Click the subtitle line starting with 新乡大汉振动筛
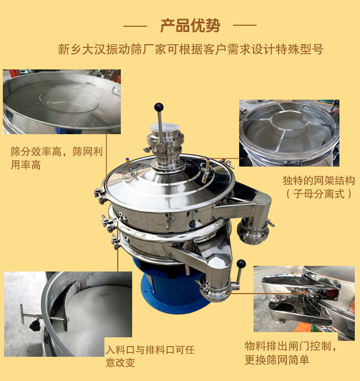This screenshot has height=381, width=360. pyautogui.click(x=190, y=50)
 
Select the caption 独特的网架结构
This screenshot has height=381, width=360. pyautogui.click(x=318, y=180)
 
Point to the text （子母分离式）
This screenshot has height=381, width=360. pyautogui.click(x=318, y=194)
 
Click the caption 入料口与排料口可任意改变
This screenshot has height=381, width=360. pyautogui.click(x=150, y=356)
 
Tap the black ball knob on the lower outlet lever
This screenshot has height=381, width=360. pyautogui.click(x=241, y=264)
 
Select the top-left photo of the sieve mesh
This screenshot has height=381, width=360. pyautogui.click(x=62, y=102)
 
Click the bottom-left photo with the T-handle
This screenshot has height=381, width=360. pyautogui.click(x=68, y=314)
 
